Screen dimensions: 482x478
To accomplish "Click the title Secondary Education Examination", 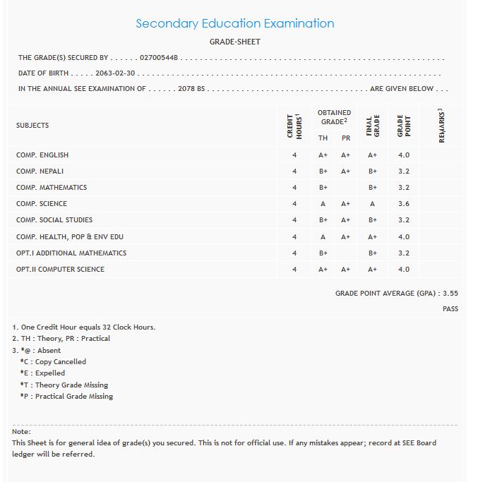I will [234, 23].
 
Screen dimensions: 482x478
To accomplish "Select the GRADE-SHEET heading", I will [234, 42].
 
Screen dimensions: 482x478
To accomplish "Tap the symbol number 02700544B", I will [159, 58].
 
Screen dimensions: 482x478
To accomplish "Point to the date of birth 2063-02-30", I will [114, 73].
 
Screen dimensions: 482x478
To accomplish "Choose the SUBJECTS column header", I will [32, 126].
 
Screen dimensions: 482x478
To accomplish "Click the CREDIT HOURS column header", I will [294, 126].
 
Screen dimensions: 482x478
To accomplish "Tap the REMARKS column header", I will [441, 126].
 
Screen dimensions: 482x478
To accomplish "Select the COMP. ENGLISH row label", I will [42, 155].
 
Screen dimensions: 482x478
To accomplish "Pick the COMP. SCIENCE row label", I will [42, 204].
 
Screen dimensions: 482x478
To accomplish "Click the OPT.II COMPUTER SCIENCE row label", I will [60, 270].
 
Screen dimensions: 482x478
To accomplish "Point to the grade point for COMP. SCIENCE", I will [404, 204].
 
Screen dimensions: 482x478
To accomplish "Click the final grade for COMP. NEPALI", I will [373, 171].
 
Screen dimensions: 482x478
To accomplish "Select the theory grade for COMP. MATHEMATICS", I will [323, 188].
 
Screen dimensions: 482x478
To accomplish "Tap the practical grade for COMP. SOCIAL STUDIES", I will [346, 220].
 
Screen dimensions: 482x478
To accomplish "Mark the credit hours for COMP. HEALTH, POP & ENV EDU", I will [294, 237].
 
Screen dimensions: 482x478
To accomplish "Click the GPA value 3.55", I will [450, 293].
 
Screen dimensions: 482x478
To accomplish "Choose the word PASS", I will [450, 309].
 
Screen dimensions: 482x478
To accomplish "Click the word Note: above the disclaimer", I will [21, 431].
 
